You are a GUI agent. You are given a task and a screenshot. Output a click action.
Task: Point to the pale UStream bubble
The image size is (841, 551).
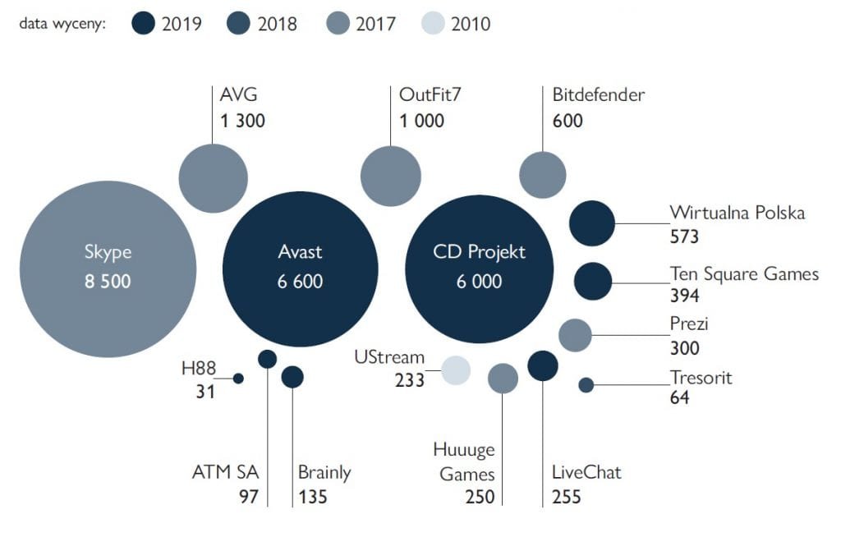pos(456,370)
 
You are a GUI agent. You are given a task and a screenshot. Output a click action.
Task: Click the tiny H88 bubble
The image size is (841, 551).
pos(238,379)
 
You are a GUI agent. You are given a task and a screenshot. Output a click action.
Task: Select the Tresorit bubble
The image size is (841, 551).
pos(586,384)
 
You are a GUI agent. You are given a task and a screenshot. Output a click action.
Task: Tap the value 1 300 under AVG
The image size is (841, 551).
pos(242,121)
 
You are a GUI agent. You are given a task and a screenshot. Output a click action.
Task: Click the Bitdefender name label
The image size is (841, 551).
pos(598,94)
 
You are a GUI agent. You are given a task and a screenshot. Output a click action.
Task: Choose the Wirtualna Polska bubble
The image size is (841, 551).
pos(592,223)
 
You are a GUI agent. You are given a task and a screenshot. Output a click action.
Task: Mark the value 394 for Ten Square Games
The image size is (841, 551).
pos(684,295)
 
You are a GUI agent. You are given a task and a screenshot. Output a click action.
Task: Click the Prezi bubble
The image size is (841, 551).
pos(575,335)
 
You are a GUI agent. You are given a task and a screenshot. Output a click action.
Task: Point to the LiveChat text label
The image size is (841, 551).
pos(586,472)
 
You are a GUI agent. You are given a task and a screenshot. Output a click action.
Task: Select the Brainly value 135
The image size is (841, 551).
pos(313,497)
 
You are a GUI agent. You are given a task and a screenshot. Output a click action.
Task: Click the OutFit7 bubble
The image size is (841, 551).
pos(391,177)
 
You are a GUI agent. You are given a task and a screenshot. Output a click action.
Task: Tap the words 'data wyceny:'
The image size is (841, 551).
pos(64,23)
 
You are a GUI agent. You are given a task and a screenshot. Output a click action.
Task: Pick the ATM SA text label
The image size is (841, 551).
pos(225,472)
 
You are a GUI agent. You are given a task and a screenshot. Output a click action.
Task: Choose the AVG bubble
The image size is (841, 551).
pos(213,177)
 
